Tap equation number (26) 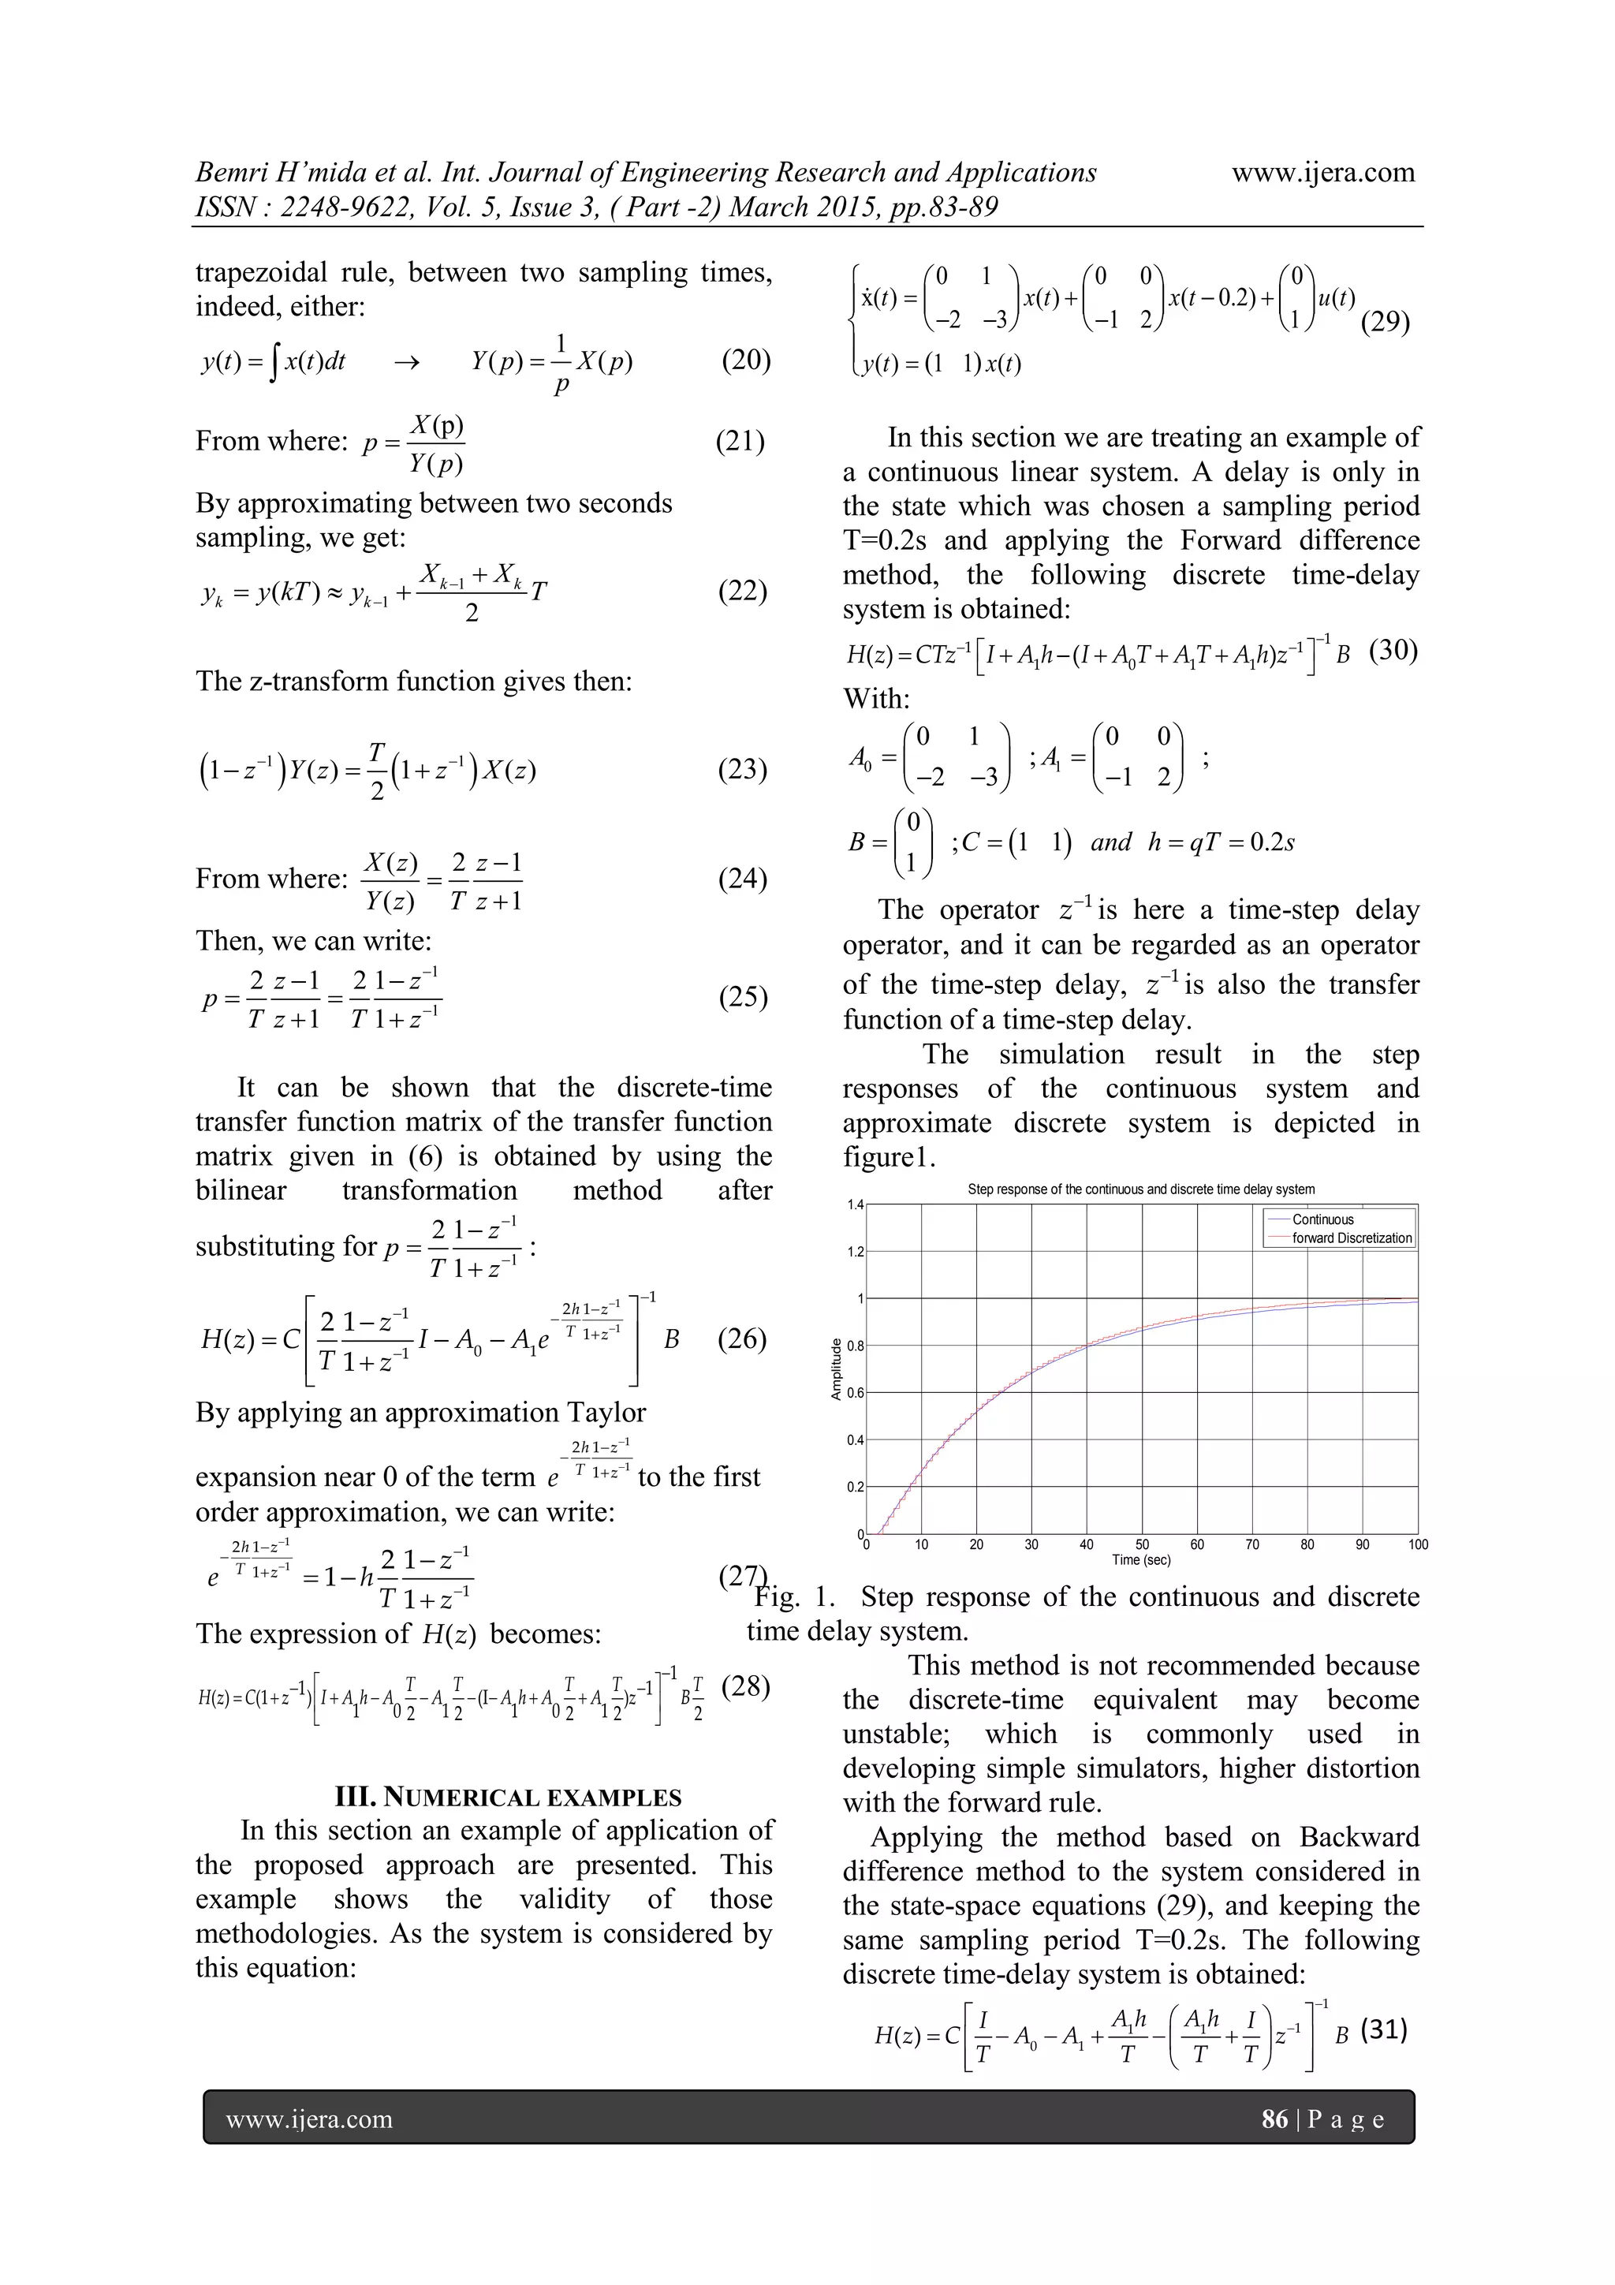(x=741, y=1339)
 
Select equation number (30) (x=1393, y=651)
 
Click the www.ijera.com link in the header (x=1322, y=174)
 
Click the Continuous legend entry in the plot (x=1322, y=1219)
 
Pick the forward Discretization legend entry (x=1352, y=1238)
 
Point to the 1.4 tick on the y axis (x=855, y=1205)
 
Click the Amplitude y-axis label (x=836, y=1369)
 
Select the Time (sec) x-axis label (x=1141, y=1559)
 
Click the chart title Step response (x=1141, y=1189)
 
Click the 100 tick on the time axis (x=1417, y=1544)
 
